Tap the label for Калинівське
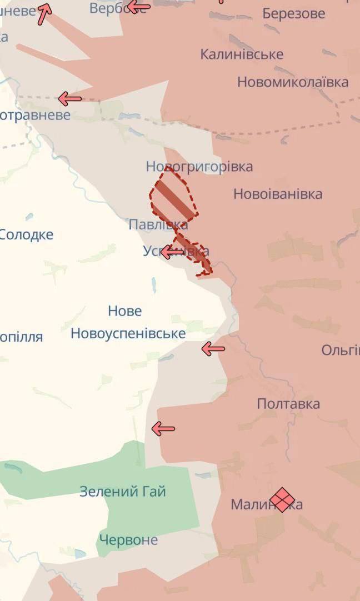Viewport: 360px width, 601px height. pos(242,54)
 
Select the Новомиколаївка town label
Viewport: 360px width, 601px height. pos(293,82)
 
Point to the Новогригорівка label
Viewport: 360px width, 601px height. pos(199,167)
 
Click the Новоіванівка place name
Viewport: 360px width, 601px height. pos(278,194)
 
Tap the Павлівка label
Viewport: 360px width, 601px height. pos(158,225)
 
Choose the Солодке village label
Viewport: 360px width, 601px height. pos(26,234)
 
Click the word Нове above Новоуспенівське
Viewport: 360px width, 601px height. pos(125,311)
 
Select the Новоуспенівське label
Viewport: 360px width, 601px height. pos(128,333)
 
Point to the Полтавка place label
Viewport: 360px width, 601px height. pos(288,404)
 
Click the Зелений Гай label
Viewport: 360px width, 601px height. pos(123,492)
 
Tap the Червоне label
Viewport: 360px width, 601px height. pos(128,540)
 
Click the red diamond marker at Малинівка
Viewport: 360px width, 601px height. pos(282,499)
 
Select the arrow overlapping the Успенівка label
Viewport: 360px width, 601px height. pos(172,252)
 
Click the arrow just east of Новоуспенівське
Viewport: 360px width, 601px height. pos(213,349)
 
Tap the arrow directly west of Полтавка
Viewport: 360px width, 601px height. pos(163,429)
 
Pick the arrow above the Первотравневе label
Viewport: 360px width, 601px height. pos(70,99)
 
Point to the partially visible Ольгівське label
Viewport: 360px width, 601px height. pos(341,350)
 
